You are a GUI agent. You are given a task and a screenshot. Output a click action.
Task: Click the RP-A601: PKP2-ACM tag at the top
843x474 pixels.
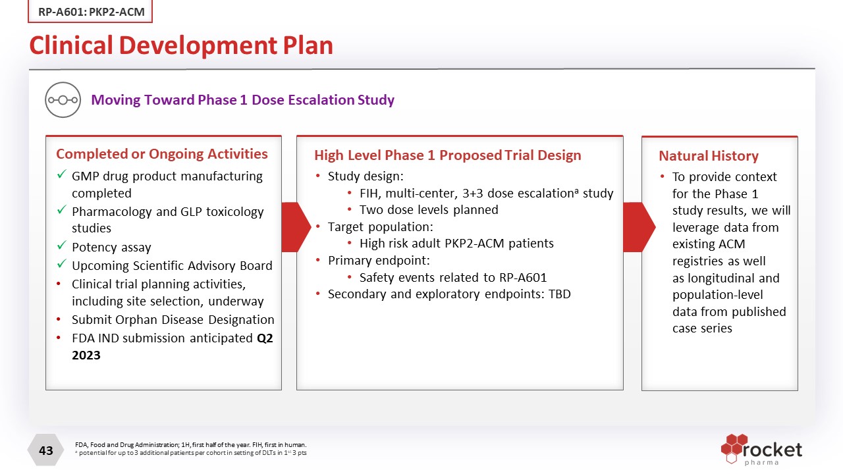90,11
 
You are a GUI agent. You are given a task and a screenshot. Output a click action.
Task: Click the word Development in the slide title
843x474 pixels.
198,45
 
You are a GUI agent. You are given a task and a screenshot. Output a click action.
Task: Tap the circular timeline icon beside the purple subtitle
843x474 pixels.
63,100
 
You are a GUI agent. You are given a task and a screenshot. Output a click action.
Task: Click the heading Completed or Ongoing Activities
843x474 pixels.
162,154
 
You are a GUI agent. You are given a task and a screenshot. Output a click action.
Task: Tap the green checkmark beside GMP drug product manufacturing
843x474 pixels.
62,174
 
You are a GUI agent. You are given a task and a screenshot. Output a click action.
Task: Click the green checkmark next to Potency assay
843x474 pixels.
62,246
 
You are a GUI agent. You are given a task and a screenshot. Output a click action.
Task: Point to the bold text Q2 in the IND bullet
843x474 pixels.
265,338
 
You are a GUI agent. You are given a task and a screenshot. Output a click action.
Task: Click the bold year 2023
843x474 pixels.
86,355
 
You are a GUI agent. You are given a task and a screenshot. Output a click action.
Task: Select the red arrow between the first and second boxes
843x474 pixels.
296,227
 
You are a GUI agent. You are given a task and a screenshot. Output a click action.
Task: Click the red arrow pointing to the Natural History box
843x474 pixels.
639,227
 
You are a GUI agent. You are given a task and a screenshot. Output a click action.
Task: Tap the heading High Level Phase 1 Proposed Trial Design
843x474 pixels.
448,155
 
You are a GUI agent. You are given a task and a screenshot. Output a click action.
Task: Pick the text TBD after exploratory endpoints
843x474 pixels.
560,294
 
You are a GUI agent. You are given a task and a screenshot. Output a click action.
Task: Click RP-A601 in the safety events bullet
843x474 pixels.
523,277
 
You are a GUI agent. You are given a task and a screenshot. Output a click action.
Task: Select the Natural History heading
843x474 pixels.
709,156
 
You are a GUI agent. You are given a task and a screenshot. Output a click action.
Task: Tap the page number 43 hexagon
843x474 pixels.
46,450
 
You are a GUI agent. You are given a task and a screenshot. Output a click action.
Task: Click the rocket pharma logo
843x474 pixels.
761,450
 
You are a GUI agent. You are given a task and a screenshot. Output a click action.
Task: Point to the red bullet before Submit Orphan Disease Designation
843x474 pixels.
59,319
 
